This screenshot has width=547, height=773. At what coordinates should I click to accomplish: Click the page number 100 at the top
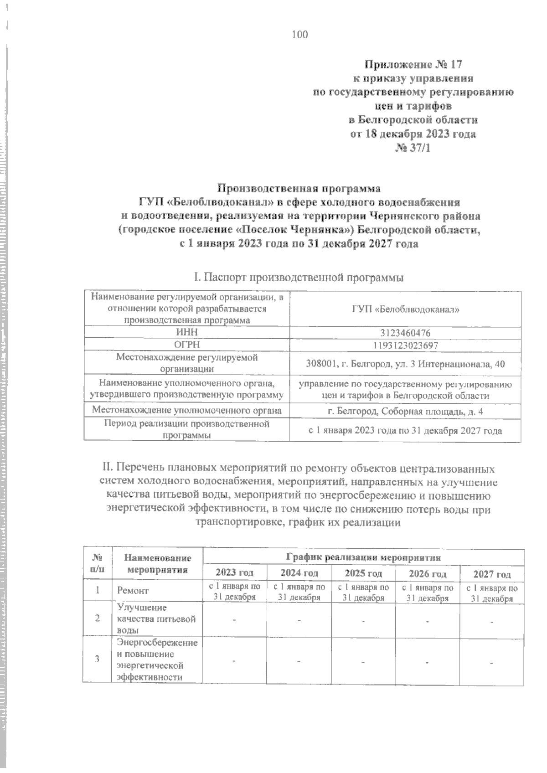(x=300, y=34)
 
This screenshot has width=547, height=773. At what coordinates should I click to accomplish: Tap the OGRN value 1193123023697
(x=405, y=345)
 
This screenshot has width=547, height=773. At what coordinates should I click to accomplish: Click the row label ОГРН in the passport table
(x=186, y=345)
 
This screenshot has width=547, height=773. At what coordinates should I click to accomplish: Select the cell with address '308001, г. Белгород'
(x=405, y=364)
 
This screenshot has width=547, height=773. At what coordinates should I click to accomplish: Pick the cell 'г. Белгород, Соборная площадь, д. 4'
(x=405, y=412)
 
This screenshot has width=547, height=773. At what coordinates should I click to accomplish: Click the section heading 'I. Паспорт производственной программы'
(x=299, y=277)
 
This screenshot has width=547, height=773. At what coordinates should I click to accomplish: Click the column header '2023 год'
(x=234, y=573)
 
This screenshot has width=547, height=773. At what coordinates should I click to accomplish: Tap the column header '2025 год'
(x=363, y=573)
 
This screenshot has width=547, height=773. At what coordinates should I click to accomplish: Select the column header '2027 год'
(x=492, y=574)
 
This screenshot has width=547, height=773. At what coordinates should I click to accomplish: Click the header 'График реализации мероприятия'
(x=363, y=557)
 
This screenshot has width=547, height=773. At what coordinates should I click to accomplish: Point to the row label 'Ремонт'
(x=133, y=591)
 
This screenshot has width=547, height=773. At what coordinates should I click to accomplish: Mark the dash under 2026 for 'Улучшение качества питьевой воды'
(x=428, y=620)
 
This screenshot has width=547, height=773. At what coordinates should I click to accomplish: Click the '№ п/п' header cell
(x=97, y=563)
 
